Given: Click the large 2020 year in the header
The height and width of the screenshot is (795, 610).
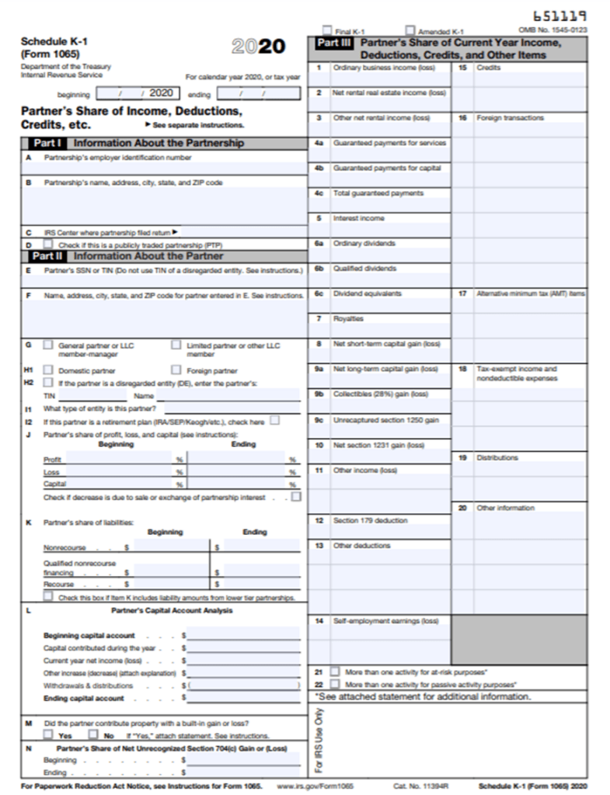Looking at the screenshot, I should pos(259,47).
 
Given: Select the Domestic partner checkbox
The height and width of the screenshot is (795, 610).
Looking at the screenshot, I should pos(48,370).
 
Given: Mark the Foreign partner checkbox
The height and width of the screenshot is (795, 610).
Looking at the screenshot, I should pos(176,370).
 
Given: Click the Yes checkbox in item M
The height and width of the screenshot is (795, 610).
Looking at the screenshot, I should pos(48,734).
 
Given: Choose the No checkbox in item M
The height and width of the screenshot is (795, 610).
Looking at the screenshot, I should pos(93,734).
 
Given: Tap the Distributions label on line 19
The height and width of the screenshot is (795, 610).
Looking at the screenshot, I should pos(497,457).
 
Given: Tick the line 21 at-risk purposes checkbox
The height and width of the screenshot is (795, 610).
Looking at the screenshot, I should pos(335,672).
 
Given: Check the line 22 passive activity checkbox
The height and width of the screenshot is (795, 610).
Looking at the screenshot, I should pos(335,684).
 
